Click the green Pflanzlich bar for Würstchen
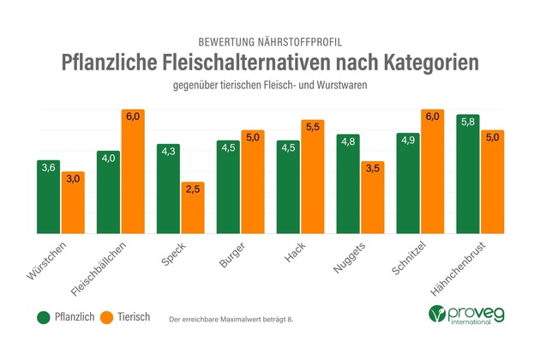pyautogui.click(x=49, y=197)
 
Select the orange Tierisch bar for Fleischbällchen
pyautogui.click(x=132, y=171)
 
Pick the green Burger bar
pyautogui.click(x=228, y=188)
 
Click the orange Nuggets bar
pyautogui.click(x=372, y=198)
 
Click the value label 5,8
pyautogui.click(x=468, y=122)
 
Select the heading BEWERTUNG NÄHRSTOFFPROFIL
pyautogui.click(x=270, y=39)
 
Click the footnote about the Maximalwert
pyautogui.click(x=231, y=319)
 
